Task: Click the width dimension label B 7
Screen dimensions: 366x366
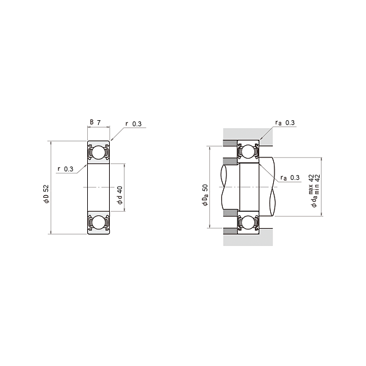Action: tap(95, 123)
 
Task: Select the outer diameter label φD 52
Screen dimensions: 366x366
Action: tap(46, 194)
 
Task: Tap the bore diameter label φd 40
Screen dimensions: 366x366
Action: tap(120, 195)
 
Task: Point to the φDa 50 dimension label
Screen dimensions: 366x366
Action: tap(205, 195)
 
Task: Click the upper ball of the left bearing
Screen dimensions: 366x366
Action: tap(98, 152)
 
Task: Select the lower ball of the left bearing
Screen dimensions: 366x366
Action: tap(98, 222)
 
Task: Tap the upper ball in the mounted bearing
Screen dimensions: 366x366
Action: tap(248, 151)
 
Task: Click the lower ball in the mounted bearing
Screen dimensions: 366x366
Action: tap(248, 222)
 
